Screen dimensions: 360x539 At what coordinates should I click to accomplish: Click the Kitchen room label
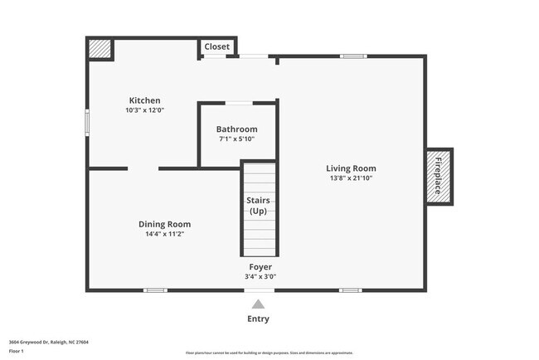[x=144, y=100]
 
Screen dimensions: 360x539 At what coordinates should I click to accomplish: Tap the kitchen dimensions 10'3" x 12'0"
[x=144, y=109]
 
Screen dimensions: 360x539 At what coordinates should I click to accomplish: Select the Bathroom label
[x=236, y=129]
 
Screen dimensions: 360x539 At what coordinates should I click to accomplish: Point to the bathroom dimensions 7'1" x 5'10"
[x=236, y=139]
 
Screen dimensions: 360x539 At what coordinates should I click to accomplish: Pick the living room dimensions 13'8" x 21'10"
[x=351, y=178]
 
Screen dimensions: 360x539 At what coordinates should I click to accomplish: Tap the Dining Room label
[x=164, y=224]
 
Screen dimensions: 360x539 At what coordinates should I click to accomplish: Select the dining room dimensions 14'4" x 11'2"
[x=164, y=234]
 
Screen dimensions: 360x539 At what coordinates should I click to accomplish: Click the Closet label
[x=217, y=46]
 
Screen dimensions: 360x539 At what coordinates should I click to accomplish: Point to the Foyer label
[x=260, y=267]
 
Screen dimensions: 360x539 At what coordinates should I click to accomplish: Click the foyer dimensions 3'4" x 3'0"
[x=260, y=276]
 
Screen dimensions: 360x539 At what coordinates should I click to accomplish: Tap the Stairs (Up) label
[x=258, y=206]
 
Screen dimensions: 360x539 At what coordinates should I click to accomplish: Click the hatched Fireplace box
[x=439, y=176]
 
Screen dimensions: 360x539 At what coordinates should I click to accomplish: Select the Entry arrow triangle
[x=259, y=304]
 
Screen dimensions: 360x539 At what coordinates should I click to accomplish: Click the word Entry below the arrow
[x=258, y=319]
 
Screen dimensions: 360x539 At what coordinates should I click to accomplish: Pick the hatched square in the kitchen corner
[x=100, y=48]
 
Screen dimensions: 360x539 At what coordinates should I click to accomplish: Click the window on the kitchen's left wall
[x=87, y=122]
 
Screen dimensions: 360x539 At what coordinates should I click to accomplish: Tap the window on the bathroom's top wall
[x=240, y=103]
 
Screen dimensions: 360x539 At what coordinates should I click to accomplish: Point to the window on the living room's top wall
[x=353, y=56]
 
